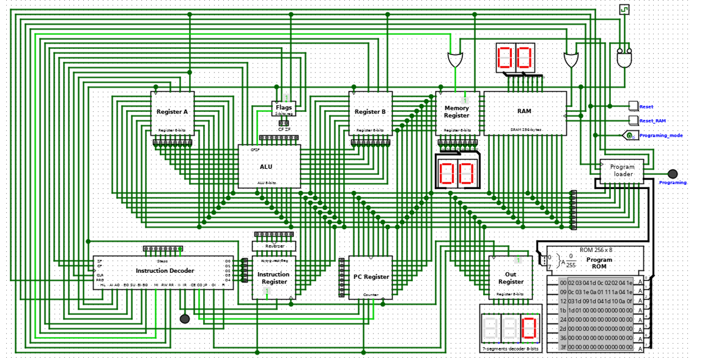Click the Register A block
pyautogui.click(x=172, y=113)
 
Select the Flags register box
pyautogui.click(x=283, y=108)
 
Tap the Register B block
pyautogui.click(x=370, y=113)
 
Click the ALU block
pyautogui.click(x=269, y=166)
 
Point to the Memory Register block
pyautogui.click(x=457, y=113)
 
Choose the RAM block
pyautogui.click(x=524, y=113)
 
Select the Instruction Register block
pyautogui.click(x=273, y=278)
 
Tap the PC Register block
pyautogui.click(x=370, y=277)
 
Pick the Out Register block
pyautogui.click(x=510, y=278)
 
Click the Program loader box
pyautogui.click(x=621, y=171)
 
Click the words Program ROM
pyautogui.click(x=599, y=263)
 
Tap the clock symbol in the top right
pyautogui.click(x=624, y=10)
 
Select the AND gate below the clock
pyautogui.click(x=624, y=58)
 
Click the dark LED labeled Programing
pyautogui.click(x=672, y=174)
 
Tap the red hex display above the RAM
pyautogui.click(x=515, y=57)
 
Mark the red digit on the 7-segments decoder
pyautogui.click(x=529, y=328)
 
